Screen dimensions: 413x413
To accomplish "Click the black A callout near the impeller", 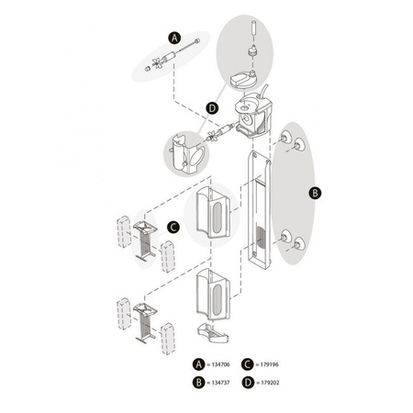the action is tap(174, 39).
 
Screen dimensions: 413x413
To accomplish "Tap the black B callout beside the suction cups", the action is tap(315, 193).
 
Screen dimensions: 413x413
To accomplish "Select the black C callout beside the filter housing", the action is tap(173, 228).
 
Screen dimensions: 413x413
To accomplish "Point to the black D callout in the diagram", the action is tap(212, 108).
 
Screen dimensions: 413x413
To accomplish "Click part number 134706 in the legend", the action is tap(220, 364).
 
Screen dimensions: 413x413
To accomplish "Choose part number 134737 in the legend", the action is tap(220, 383).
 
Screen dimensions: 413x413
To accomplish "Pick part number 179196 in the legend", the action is tap(270, 364).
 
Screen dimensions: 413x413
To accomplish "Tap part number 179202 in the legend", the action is tap(270, 383).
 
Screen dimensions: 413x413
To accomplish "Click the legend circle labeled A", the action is tap(199, 364).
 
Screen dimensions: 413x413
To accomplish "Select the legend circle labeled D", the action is tap(248, 383).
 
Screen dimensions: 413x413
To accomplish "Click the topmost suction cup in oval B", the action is tap(286, 137).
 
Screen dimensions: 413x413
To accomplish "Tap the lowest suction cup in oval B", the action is tap(299, 243).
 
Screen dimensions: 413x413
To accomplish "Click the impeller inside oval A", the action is tap(160, 62).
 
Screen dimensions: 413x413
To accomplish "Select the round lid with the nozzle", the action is tap(242, 80).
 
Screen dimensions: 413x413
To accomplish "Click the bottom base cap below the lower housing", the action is tap(213, 333).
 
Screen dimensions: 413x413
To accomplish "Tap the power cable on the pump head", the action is tap(263, 91).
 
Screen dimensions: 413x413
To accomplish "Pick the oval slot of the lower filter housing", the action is tap(217, 300).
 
